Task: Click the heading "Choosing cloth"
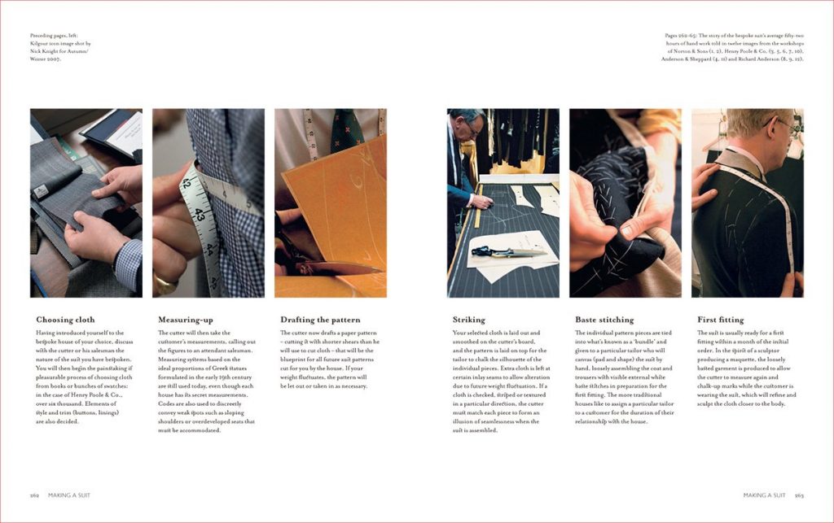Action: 65,320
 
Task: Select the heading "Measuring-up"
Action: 185,320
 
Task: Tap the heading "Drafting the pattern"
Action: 320,320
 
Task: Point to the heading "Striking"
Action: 468,320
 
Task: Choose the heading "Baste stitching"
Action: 604,320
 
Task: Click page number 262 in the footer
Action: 35,495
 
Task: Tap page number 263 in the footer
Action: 799,495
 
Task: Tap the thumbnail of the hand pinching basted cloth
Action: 625,203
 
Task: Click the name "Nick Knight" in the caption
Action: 46,50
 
